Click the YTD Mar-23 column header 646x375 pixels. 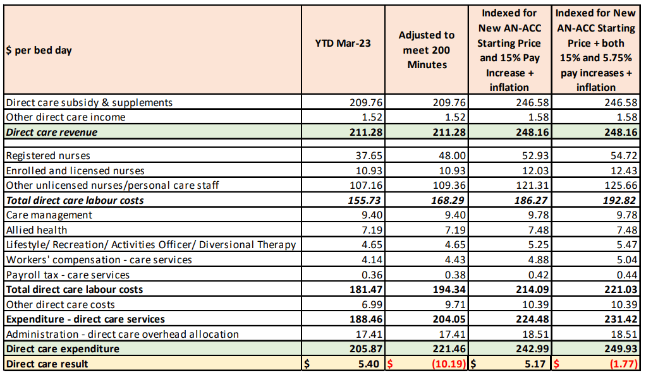point(343,43)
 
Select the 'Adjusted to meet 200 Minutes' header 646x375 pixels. point(427,50)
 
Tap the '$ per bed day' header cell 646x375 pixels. point(39,50)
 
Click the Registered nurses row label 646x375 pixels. point(48,155)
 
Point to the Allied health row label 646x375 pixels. point(37,230)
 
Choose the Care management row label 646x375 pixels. point(49,215)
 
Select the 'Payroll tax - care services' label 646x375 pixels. point(68,275)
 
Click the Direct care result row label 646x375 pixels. point(47,364)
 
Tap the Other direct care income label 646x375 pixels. point(66,117)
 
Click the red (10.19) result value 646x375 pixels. point(449,364)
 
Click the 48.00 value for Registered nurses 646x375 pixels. point(453,155)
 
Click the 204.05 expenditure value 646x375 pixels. point(450,319)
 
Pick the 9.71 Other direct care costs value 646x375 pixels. point(455,304)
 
